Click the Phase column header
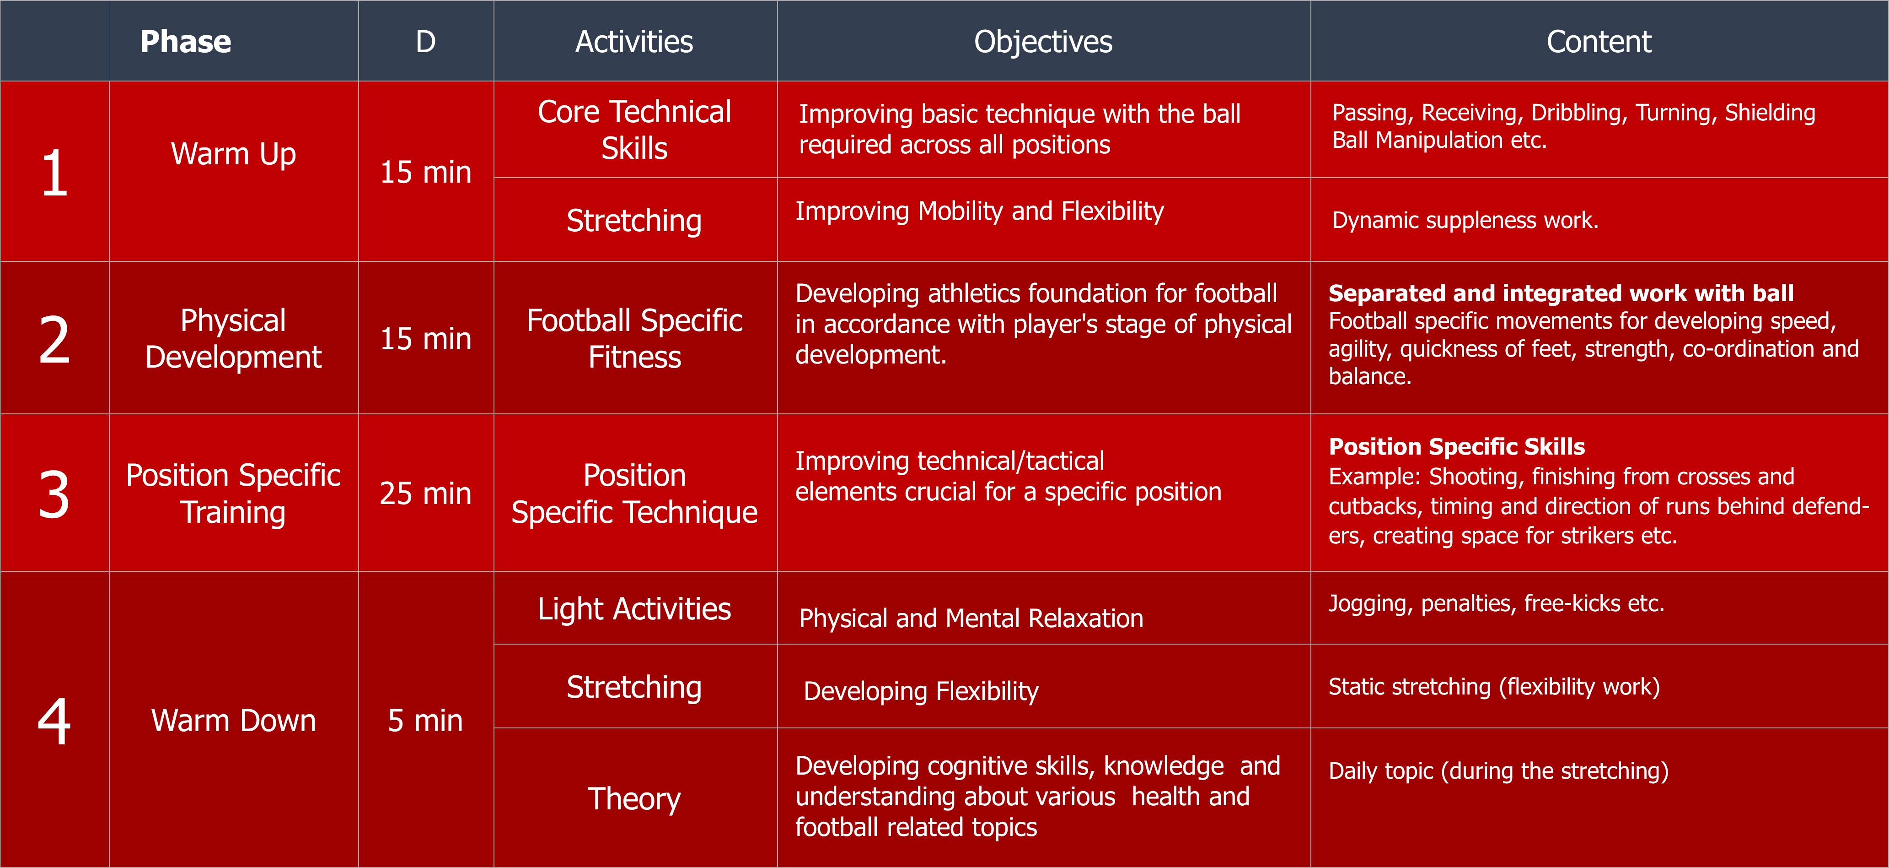click(x=186, y=42)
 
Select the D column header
click(x=425, y=42)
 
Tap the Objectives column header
click(x=1043, y=42)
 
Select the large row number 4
click(x=54, y=721)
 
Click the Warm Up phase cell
click(x=233, y=154)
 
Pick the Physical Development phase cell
click(x=233, y=338)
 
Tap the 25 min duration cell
click(x=425, y=493)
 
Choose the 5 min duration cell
click(x=425, y=721)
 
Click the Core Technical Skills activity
click(x=634, y=130)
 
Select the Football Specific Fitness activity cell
click(x=634, y=338)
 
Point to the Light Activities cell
click(x=634, y=609)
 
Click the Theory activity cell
click(x=634, y=799)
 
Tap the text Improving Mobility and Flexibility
click(x=980, y=212)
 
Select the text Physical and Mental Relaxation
click(x=971, y=618)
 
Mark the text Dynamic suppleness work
click(x=1465, y=220)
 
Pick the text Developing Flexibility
click(x=921, y=691)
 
